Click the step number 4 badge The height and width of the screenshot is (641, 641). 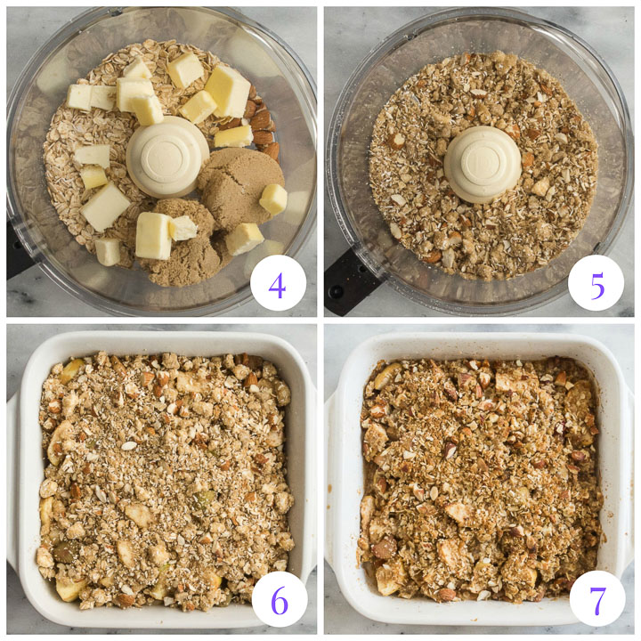(278, 283)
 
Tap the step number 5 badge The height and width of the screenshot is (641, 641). (596, 283)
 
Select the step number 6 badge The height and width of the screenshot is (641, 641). (280, 599)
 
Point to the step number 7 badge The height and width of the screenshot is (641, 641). (597, 599)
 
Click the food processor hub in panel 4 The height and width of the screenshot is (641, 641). (167, 157)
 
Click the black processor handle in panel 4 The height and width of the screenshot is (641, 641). (19, 249)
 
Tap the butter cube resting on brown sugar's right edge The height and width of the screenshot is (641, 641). (273, 199)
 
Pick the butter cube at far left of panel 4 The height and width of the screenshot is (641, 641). (79, 97)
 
